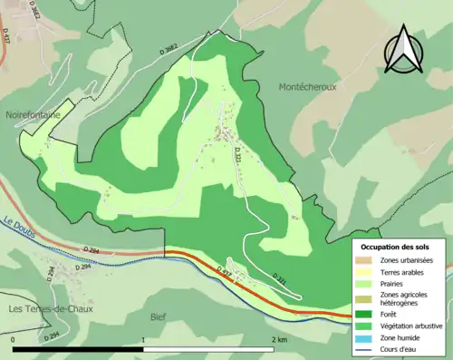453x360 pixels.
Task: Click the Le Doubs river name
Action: coord(19,221)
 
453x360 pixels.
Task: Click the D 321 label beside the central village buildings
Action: coord(239,154)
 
